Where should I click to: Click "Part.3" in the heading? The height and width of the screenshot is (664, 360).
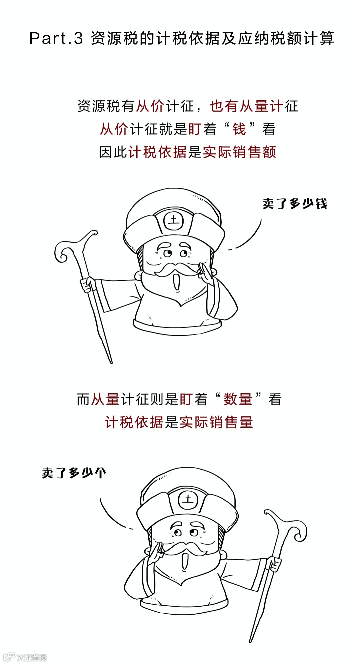(x=56, y=38)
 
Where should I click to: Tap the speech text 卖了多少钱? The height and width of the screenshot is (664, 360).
(x=295, y=203)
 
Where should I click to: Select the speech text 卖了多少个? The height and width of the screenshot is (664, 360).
(x=74, y=473)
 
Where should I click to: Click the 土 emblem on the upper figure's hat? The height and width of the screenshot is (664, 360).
(x=174, y=220)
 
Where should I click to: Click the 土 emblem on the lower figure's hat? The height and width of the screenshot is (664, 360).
(x=188, y=499)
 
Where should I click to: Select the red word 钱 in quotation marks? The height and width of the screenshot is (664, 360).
(x=239, y=129)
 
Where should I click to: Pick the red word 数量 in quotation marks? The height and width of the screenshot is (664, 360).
(x=238, y=399)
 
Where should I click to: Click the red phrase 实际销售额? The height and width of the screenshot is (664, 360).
(x=240, y=152)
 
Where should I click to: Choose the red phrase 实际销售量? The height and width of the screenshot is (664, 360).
(x=216, y=422)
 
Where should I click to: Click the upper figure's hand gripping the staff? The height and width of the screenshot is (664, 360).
(x=87, y=284)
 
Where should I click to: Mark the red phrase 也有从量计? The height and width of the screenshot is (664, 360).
(x=247, y=106)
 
